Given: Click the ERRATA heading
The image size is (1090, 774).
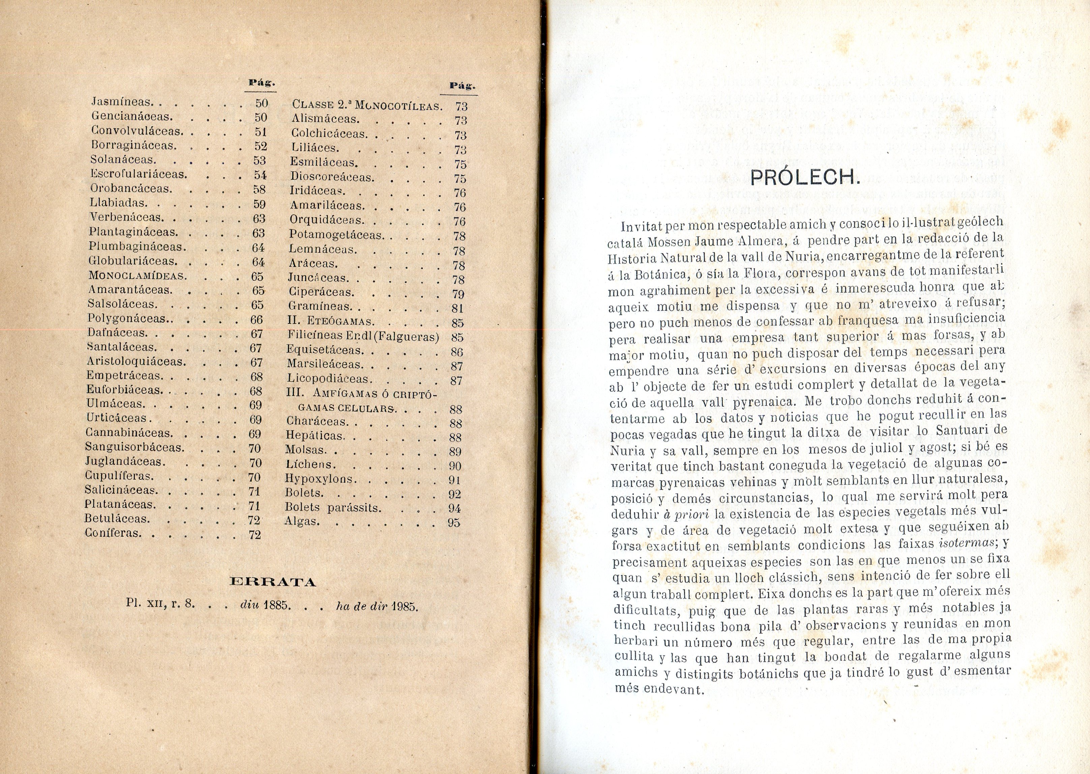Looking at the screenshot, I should pos(273,582).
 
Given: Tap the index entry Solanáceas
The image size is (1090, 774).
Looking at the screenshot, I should pos(123,160).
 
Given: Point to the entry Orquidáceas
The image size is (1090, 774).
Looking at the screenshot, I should pos(326,221).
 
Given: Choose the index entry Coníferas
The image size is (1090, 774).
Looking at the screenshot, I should pos(113,533).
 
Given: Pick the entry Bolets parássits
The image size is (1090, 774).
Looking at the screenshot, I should pos(333,508).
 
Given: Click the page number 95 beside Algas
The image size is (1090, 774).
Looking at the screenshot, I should pos(454,523).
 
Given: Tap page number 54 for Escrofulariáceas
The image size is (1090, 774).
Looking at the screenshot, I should pos(260,174).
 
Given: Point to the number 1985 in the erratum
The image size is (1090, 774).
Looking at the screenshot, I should pos(405,607).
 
